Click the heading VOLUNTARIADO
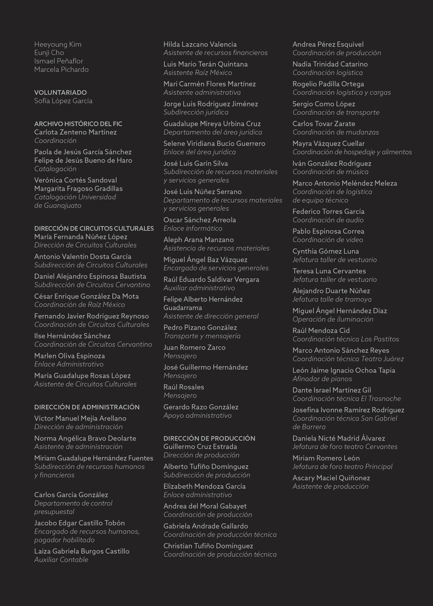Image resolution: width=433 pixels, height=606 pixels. [60, 93]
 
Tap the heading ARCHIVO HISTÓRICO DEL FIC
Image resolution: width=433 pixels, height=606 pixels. [78, 124]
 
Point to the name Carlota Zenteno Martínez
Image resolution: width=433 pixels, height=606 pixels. [76, 132]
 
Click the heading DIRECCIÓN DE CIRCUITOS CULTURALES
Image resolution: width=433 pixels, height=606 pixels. [94, 228]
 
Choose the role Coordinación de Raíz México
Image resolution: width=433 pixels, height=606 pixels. [79, 305]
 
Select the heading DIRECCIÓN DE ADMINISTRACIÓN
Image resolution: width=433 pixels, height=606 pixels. [87, 407]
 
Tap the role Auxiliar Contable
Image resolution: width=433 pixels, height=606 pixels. [61, 560]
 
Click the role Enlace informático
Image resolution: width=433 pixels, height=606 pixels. [193, 228]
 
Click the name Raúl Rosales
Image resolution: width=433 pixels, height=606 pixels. [184, 387]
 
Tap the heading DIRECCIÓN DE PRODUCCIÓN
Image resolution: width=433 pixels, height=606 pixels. [209, 438]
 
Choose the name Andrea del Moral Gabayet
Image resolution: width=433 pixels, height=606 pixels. [205, 506]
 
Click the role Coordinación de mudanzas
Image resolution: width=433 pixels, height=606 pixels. [336, 132]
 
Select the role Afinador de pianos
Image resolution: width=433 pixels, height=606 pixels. [322, 379]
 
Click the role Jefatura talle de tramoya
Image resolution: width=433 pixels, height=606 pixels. [332, 299]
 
